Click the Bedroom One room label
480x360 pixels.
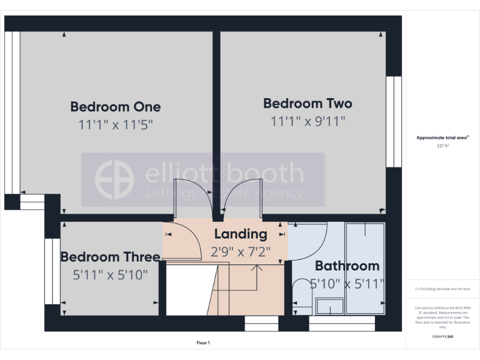point(115,107)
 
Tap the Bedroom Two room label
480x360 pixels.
point(307,104)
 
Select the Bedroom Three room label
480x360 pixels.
point(110,257)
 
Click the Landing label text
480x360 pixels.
point(241,234)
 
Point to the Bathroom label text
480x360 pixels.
point(347,266)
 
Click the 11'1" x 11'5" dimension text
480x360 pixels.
point(115,125)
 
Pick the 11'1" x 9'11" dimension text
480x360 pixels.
point(307,122)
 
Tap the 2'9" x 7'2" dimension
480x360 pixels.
point(241,252)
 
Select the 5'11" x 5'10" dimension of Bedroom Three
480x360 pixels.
point(111,274)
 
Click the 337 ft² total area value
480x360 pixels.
point(442,146)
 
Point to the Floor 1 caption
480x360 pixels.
point(203,342)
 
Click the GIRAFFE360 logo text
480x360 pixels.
point(442,337)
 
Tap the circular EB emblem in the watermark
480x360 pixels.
point(114,180)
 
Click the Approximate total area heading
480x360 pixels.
point(442,137)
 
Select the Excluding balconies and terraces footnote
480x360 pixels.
point(442,289)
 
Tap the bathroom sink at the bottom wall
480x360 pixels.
point(329,306)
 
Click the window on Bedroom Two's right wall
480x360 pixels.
point(393,122)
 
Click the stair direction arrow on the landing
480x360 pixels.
point(256,268)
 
